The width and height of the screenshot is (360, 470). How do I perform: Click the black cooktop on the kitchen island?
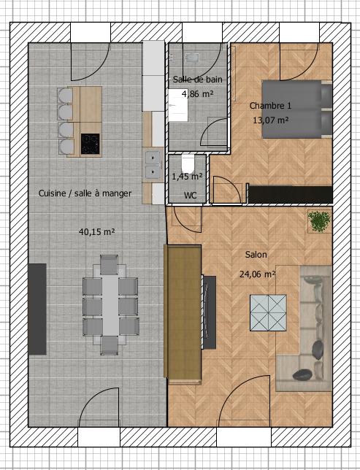click(90, 144)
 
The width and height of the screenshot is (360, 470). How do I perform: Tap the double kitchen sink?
click(153, 164)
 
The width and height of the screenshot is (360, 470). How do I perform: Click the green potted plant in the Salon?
click(320, 222)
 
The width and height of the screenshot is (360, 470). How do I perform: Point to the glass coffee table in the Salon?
click(268, 313)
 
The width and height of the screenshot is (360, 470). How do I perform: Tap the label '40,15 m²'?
click(96, 231)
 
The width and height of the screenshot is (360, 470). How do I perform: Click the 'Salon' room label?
click(256, 255)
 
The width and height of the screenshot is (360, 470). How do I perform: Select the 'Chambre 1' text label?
click(270, 106)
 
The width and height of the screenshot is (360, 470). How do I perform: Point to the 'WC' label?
click(190, 196)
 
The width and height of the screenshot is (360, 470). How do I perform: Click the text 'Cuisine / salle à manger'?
click(85, 193)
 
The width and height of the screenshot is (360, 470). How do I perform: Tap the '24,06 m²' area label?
click(257, 274)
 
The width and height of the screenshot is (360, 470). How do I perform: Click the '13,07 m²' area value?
click(271, 120)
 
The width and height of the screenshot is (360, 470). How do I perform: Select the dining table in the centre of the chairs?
click(110, 305)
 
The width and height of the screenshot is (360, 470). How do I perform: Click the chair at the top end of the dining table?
click(109, 265)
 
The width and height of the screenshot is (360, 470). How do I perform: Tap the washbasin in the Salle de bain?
click(178, 105)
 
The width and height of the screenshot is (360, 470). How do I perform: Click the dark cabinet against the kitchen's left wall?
click(37, 309)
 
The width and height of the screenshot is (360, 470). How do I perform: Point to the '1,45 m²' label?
click(187, 177)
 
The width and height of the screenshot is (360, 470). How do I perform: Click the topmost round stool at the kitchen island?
click(65, 96)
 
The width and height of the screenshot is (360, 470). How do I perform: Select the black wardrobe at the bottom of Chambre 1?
click(291, 194)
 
